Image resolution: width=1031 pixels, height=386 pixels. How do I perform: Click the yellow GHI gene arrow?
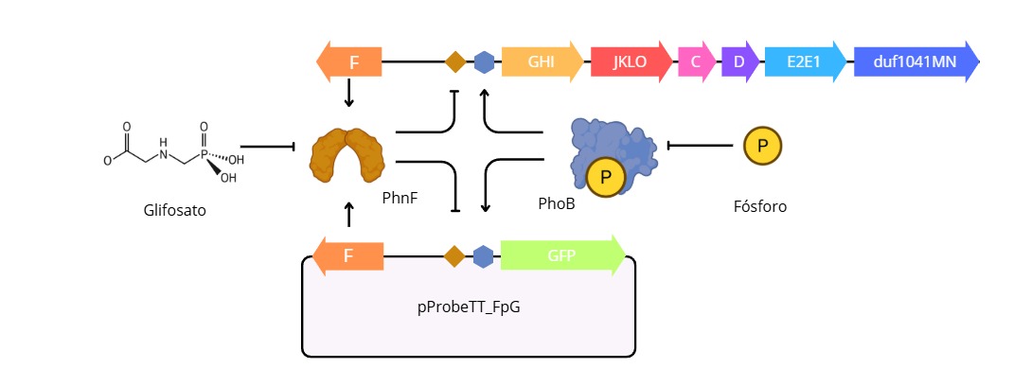pos(542,62)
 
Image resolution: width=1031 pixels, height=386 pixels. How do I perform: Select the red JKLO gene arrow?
pos(630,62)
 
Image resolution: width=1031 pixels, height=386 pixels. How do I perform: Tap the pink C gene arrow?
pos(696,62)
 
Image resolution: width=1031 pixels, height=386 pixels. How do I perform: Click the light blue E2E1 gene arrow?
pos(805,62)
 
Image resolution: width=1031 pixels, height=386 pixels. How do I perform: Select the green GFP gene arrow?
pos(561,255)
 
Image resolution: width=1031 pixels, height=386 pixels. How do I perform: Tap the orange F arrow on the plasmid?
pos(348,256)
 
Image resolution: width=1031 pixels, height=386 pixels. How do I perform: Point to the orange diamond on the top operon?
pos(455,62)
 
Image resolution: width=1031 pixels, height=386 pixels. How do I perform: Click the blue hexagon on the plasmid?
pos(483,256)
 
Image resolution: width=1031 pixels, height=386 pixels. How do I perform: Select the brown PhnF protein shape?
pos(347,155)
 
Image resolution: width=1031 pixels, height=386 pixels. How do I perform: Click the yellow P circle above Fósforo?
pos(762,146)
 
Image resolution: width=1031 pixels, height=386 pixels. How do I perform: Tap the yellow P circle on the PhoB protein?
pos(605,177)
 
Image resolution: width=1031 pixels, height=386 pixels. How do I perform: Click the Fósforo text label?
pos(760,205)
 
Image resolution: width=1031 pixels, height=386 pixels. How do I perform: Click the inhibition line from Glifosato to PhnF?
pos(270,147)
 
